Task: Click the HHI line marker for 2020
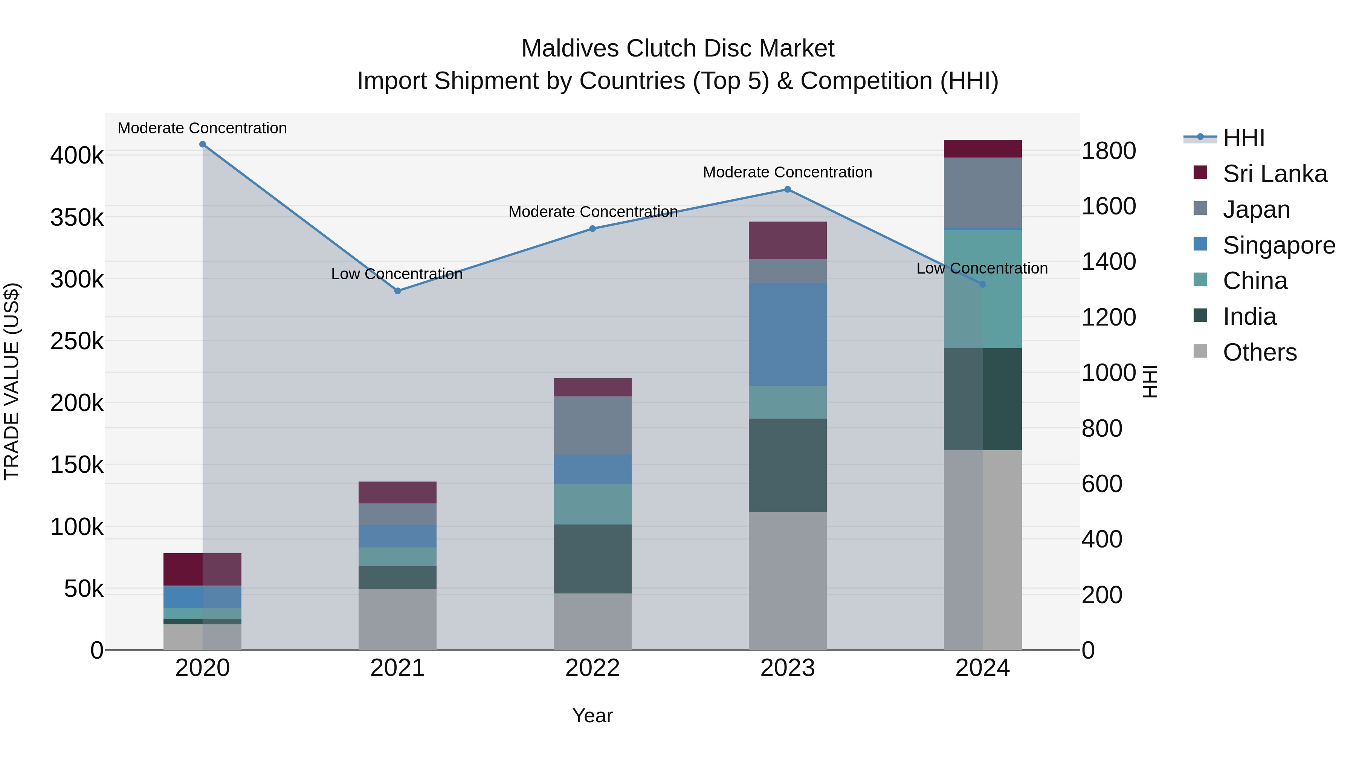click(203, 144)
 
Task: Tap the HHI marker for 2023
click(788, 190)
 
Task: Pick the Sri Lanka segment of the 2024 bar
click(982, 149)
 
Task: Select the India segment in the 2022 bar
click(592, 559)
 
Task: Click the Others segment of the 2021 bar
click(397, 619)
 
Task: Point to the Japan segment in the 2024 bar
click(982, 193)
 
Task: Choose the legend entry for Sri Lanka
click(1274, 174)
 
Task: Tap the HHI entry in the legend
click(1243, 138)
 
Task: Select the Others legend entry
click(1259, 352)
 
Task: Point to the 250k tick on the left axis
click(77, 341)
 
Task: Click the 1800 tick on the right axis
click(1109, 151)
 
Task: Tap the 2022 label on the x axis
click(592, 668)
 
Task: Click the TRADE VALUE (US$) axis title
click(12, 381)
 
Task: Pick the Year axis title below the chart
click(592, 716)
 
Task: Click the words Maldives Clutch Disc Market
click(678, 49)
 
